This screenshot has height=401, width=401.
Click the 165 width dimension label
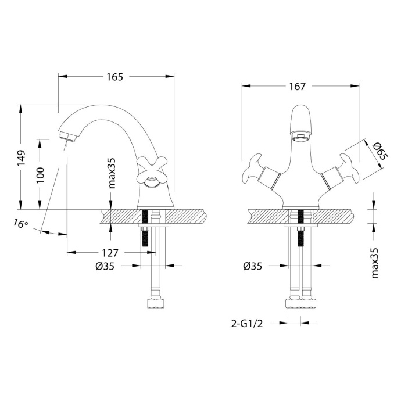(114, 77)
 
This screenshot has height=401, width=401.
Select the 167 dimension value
(296, 87)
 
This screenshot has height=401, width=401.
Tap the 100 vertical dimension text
(40, 174)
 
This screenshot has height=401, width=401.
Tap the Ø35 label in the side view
(104, 266)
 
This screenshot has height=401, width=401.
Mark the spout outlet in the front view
(300, 138)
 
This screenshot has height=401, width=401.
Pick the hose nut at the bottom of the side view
(156, 303)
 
